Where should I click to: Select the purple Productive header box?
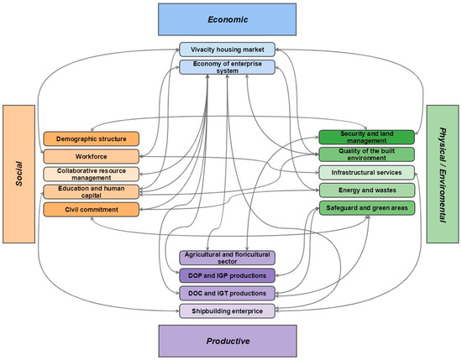228,342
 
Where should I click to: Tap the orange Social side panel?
18,172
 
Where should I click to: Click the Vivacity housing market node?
228,50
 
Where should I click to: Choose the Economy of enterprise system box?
228,65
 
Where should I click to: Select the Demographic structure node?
91,138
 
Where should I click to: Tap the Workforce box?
91,156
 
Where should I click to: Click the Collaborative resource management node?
91,174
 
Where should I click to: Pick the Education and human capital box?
91,191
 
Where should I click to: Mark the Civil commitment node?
91,209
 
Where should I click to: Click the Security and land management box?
366,137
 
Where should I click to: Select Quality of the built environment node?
366,154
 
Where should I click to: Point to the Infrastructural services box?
366,173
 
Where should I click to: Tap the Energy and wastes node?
366,190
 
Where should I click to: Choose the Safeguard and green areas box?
366,208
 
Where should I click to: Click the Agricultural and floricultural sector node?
228,258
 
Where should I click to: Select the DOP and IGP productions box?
228,275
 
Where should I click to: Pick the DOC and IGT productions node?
228,293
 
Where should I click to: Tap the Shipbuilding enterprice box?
228,311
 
